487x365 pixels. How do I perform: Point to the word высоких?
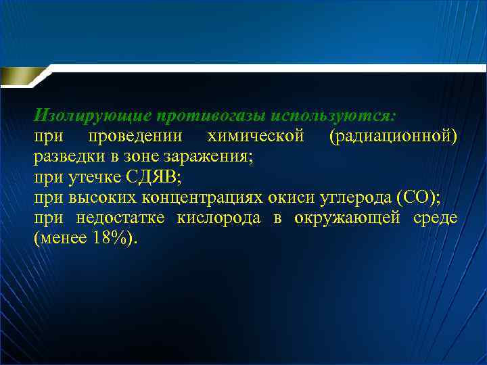97,198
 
